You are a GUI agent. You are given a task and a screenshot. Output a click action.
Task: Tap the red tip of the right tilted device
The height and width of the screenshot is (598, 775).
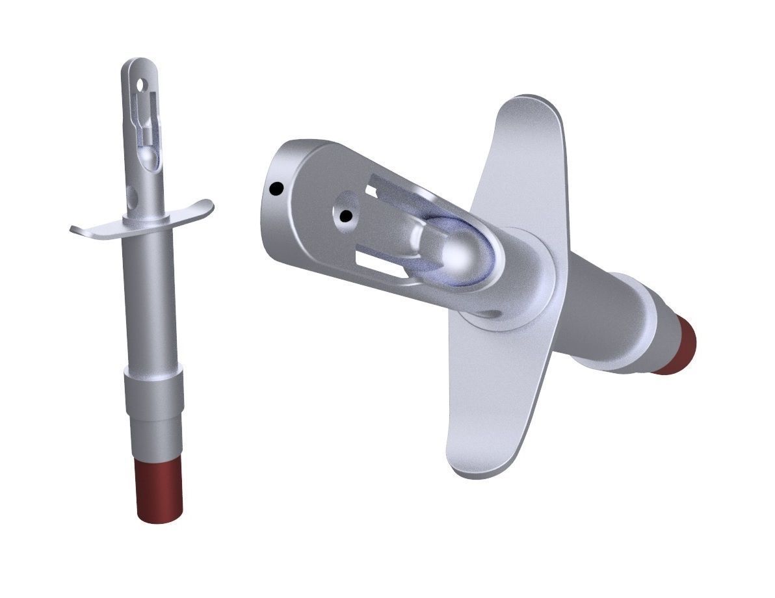tap(677, 344)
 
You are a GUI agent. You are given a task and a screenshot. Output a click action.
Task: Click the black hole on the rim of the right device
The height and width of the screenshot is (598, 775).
tap(276, 189)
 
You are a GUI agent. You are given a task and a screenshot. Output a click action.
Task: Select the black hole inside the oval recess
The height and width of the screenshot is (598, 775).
tap(346, 214)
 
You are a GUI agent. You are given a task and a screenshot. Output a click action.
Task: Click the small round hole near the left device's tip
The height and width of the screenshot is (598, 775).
tap(140, 84)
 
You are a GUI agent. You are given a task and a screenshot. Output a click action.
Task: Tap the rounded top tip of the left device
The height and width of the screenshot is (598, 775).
tap(137, 63)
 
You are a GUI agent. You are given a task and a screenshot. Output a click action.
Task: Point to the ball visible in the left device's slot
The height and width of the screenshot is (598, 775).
tap(148, 158)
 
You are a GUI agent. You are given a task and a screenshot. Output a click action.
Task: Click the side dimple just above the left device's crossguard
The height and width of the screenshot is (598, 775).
tap(133, 194)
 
